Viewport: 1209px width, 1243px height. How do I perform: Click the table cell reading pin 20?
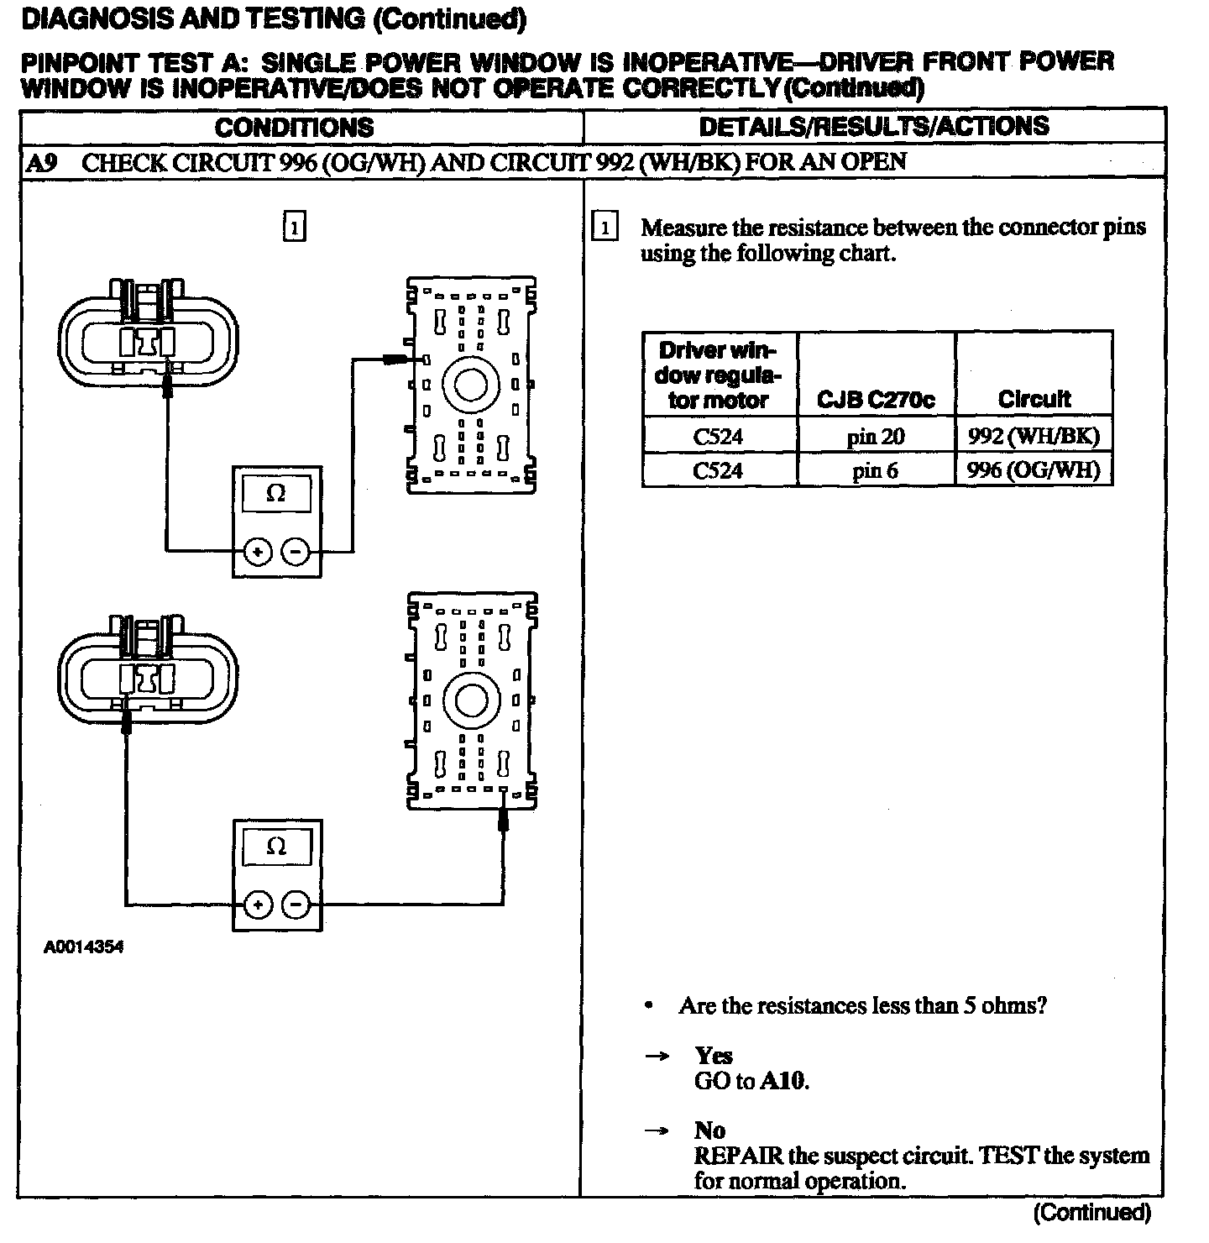pos(874,436)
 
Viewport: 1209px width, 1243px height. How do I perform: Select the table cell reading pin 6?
pos(874,470)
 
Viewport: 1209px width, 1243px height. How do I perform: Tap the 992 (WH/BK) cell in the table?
pos(1033,436)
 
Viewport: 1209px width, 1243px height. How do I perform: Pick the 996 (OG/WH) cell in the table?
pos(1033,470)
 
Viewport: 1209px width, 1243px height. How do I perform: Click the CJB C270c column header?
pos(875,400)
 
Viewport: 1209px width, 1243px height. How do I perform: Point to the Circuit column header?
pos(1034,399)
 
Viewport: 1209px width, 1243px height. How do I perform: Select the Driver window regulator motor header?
pos(718,375)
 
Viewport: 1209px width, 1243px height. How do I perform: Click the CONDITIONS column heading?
pos(294,128)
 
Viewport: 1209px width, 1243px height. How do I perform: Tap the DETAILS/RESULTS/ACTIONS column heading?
pos(874,127)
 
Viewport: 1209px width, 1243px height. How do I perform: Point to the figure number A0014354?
pos(84,947)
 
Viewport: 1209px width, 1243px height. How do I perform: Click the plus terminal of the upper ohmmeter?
pos(258,552)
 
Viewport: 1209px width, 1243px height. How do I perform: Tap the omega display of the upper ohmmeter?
pos(276,494)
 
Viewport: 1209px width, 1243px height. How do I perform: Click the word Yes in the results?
pos(713,1056)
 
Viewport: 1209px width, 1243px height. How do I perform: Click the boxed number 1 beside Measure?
pos(604,228)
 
